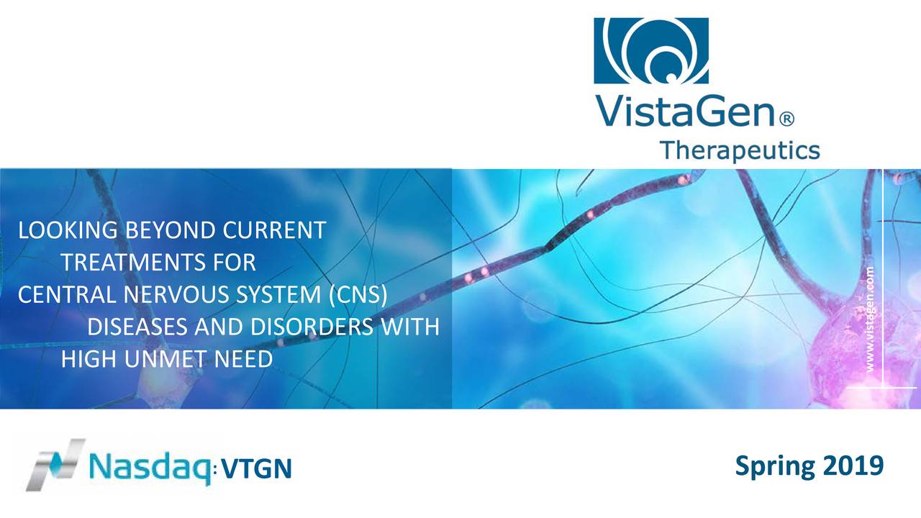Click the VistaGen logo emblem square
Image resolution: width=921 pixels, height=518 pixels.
click(x=651, y=50)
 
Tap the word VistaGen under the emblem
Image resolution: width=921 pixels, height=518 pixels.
click(x=686, y=111)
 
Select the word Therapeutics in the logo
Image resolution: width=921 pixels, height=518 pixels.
click(x=740, y=150)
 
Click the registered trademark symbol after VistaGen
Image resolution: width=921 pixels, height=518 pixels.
click(x=786, y=119)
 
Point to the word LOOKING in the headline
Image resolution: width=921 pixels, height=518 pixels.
click(x=68, y=230)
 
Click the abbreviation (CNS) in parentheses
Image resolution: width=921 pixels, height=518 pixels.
click(x=358, y=295)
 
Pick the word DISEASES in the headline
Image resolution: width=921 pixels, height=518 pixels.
click(x=137, y=327)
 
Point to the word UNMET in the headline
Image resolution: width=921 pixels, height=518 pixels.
click(x=165, y=359)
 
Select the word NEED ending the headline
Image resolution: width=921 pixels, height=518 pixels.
click(x=243, y=359)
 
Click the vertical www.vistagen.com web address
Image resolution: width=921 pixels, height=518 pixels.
click(x=870, y=320)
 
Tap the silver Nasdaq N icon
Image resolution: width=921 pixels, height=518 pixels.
click(x=55, y=465)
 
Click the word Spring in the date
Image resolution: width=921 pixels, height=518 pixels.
click(x=775, y=467)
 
